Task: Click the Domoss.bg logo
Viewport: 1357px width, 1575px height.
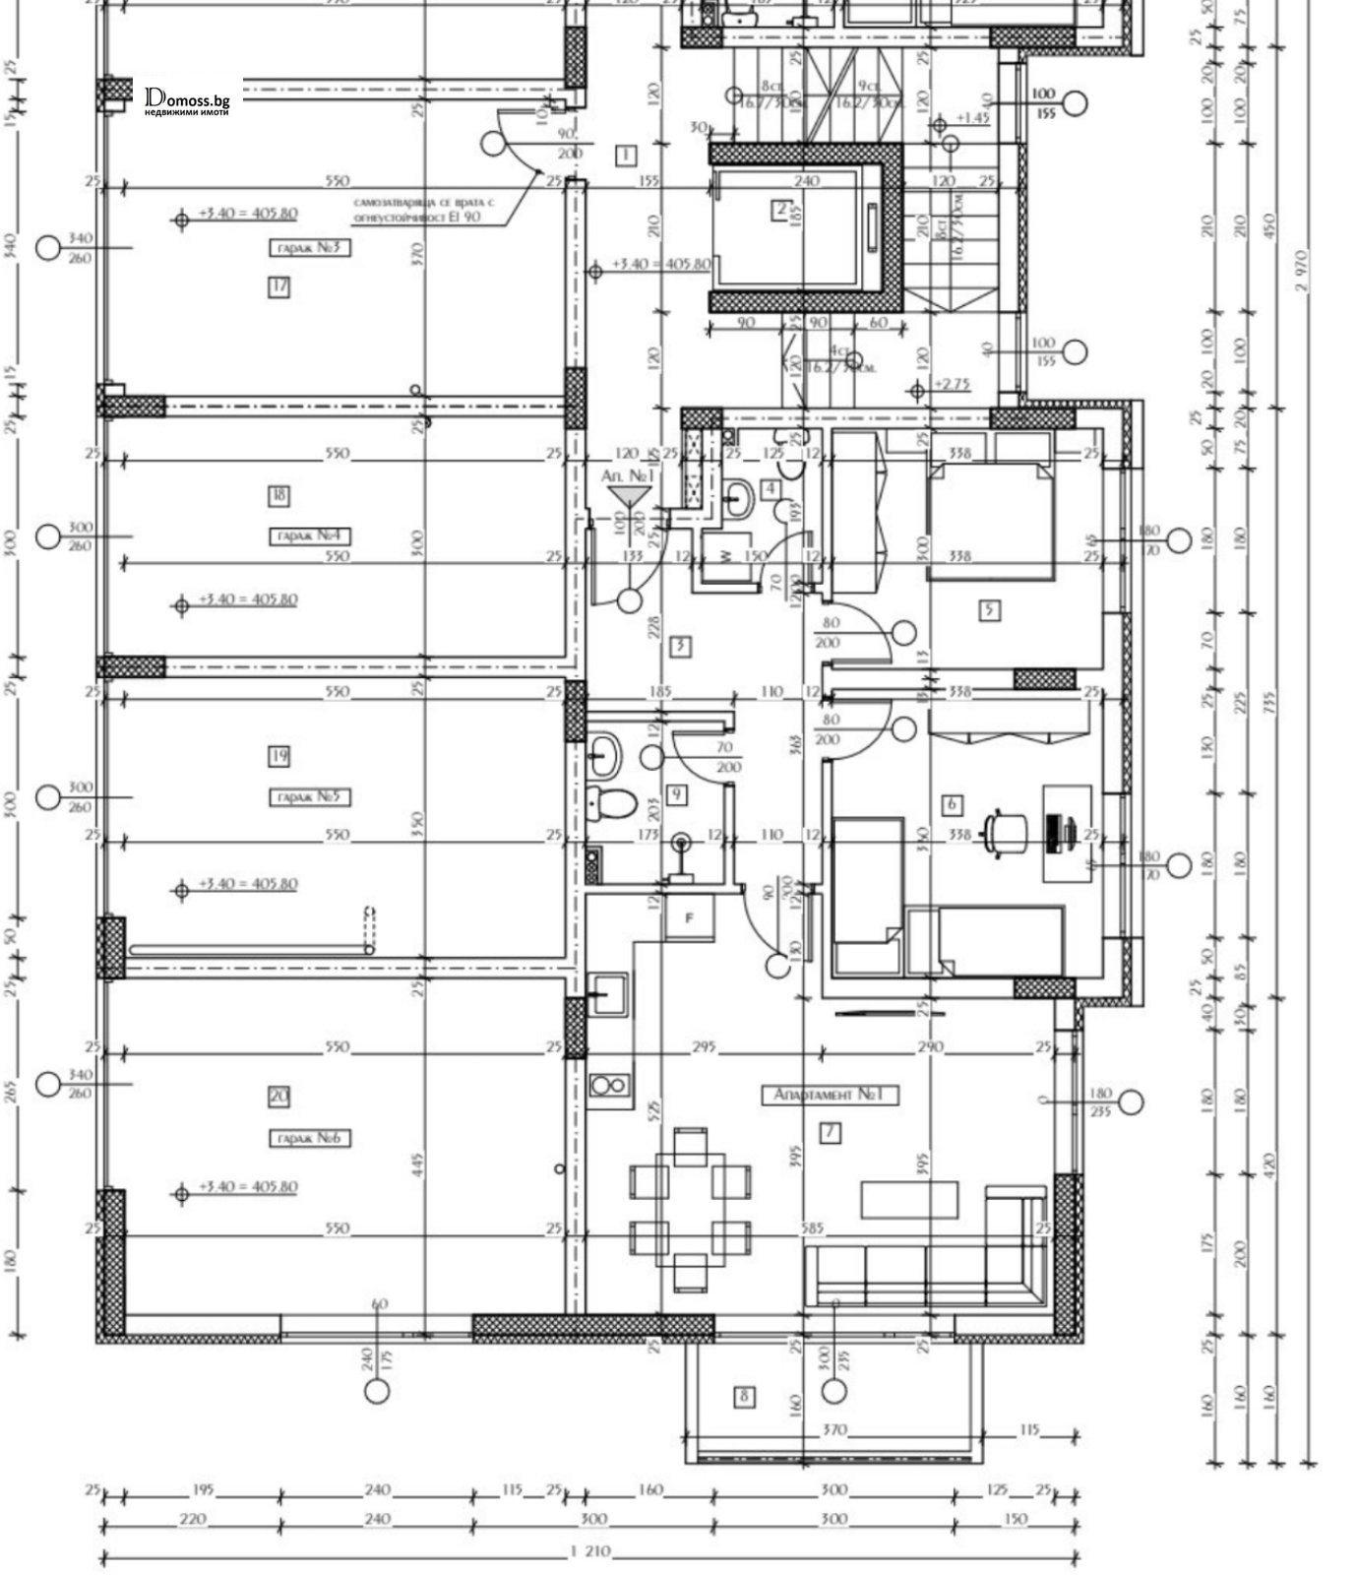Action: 186,99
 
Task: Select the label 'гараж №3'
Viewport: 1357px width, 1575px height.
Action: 310,248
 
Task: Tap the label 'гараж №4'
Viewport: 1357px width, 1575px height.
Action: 310,536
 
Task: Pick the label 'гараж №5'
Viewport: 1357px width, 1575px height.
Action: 310,797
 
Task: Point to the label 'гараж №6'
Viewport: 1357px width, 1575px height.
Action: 310,1138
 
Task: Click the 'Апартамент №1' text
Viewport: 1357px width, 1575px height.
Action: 831,1095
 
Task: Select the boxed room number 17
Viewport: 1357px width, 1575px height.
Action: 279,287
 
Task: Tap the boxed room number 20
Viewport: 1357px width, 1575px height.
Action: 278,1096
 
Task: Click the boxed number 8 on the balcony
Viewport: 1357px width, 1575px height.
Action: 745,1396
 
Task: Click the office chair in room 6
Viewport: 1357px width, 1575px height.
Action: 1003,833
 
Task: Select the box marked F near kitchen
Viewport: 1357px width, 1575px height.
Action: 690,917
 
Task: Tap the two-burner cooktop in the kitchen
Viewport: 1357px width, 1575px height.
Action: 608,1085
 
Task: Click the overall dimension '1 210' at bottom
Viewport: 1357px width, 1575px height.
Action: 590,1552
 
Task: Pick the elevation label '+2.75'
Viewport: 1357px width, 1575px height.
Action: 952,384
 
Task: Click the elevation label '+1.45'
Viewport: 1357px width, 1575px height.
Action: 971,118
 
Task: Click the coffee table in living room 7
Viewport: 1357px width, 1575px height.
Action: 908,1199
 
